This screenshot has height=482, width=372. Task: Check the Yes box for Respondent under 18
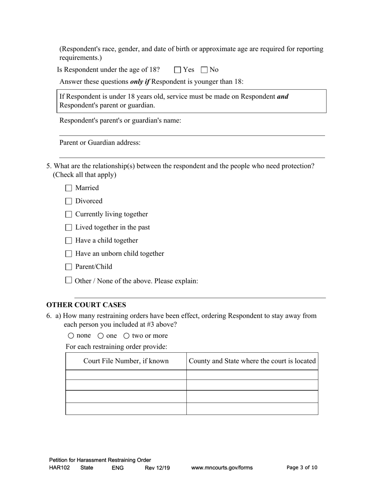177,70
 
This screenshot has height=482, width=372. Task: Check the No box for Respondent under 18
204,70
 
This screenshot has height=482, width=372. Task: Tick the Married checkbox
69,188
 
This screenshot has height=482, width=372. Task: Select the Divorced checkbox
69,201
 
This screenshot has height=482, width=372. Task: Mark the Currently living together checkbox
69,214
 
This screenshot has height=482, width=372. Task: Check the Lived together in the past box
69,228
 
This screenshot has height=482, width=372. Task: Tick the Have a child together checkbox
69,241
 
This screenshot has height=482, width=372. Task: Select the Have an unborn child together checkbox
69,254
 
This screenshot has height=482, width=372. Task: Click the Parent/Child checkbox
69,267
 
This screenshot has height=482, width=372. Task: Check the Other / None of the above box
69,280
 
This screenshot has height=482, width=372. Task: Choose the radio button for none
71,336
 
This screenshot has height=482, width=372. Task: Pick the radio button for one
101,336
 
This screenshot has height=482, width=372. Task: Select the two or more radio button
126,336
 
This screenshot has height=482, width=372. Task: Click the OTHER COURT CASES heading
86,305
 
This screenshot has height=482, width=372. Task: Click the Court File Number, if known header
126,361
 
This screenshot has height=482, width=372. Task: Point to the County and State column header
252,361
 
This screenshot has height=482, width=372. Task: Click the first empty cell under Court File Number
126,375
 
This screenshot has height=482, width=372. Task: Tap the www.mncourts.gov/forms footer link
222,468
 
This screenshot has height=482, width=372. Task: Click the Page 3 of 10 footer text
302,468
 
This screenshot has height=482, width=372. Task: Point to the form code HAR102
60,468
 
